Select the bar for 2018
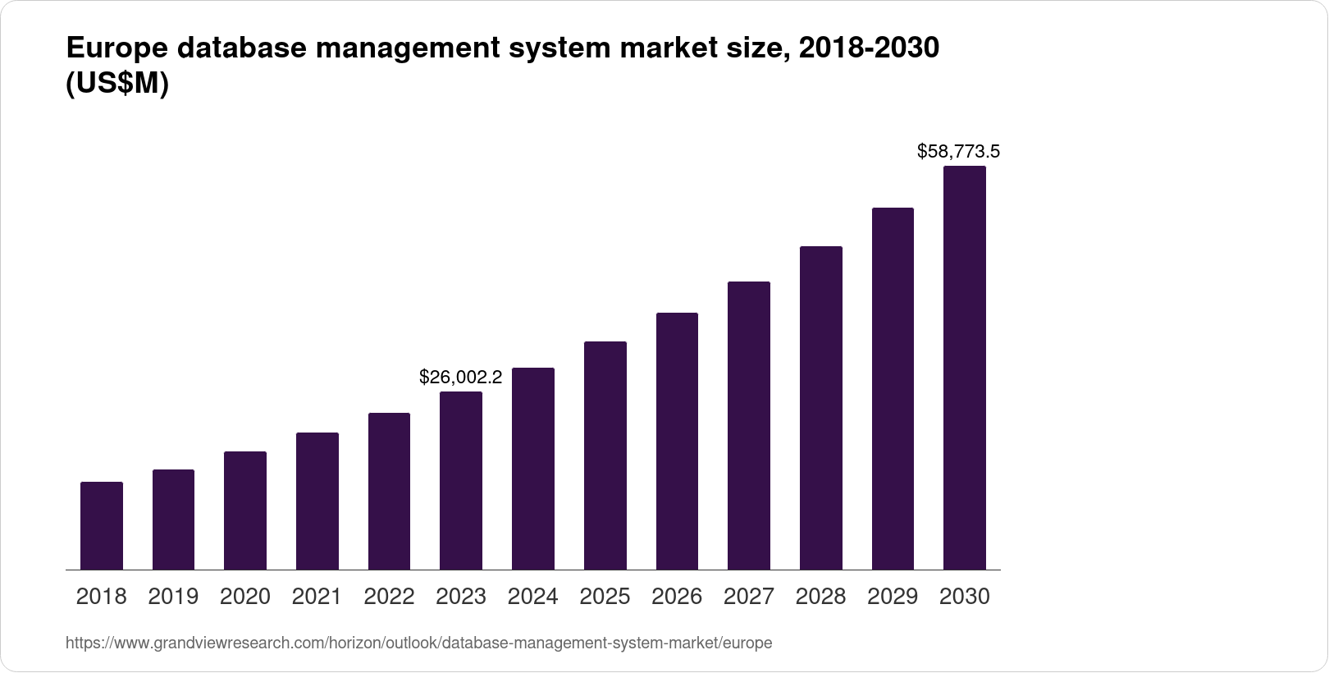click(102, 525)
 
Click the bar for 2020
click(245, 510)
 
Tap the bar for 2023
click(461, 480)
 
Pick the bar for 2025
click(605, 456)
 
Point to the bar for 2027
click(749, 425)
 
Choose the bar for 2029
click(893, 388)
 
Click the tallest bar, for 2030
click(965, 368)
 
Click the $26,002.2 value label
click(460, 377)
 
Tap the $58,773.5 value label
click(958, 151)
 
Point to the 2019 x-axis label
click(173, 597)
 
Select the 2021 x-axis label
click(317, 597)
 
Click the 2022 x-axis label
click(389, 597)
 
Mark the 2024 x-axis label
click(533, 597)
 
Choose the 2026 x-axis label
click(677, 597)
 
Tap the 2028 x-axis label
click(820, 597)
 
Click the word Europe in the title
click(116, 49)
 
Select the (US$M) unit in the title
click(117, 85)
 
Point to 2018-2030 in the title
click(868, 49)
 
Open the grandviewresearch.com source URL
click(418, 643)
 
